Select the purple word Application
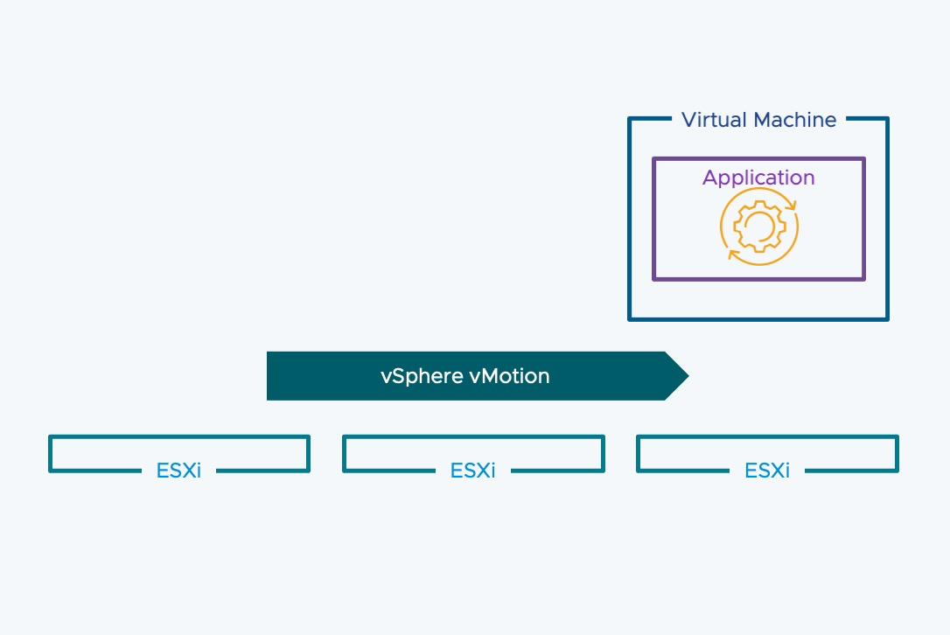758,178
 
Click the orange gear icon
758,227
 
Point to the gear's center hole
758,227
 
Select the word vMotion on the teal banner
510,376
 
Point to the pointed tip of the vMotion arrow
688,376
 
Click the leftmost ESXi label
178,471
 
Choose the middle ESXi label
472,471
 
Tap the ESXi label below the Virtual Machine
767,471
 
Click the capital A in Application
709,178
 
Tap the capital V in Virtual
688,120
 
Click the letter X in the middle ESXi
477,471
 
